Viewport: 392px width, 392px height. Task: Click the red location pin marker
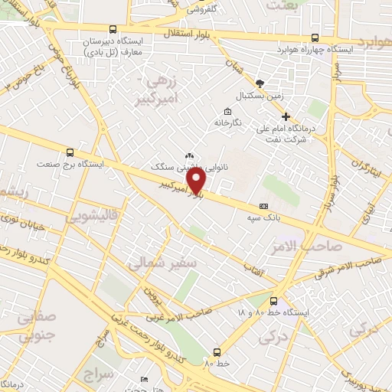coord(198,181)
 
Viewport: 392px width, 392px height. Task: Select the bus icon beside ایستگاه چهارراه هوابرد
coord(315,38)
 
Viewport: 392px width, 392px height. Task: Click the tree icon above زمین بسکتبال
coord(262,82)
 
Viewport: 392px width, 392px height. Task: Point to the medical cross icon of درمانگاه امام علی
coord(286,118)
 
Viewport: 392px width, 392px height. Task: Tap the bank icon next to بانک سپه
coord(264,206)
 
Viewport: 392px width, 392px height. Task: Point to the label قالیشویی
coord(95,217)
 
